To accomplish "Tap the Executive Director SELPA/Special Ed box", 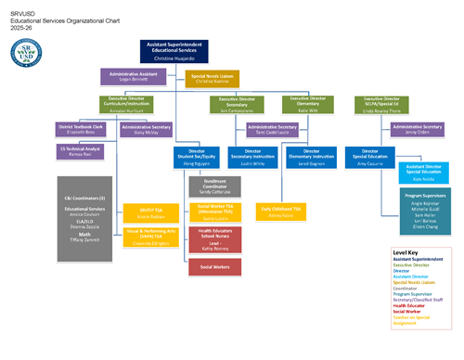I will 383,105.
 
